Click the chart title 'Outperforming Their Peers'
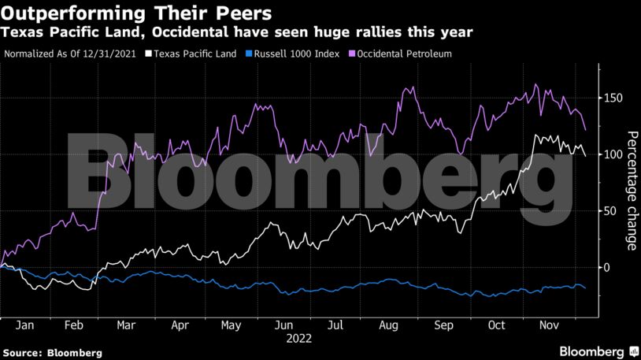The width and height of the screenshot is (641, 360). [138, 13]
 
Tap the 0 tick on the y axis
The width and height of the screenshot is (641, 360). [608, 268]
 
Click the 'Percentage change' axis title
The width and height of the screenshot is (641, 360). [631, 190]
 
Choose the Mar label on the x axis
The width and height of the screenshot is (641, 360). [126, 325]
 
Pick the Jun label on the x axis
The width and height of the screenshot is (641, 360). [285, 325]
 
